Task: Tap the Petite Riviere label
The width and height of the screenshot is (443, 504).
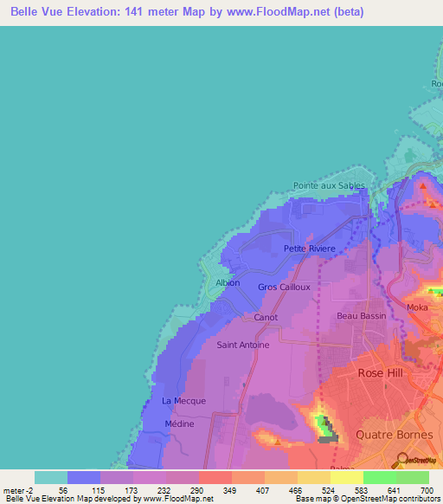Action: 309,249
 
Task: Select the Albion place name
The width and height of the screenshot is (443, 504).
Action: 227,282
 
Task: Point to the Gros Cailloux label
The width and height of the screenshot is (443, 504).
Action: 284,287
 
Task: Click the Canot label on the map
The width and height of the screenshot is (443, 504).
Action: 266,318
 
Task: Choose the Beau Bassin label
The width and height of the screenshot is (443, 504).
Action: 359,316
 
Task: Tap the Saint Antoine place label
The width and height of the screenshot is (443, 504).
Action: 242,345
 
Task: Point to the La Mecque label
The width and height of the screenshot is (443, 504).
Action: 183,401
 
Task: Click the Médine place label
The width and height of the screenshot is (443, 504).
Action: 179,424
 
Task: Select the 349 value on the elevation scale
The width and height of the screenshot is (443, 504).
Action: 230,490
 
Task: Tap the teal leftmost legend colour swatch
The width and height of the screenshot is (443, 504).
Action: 50,477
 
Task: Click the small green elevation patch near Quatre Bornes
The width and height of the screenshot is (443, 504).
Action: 324,425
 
